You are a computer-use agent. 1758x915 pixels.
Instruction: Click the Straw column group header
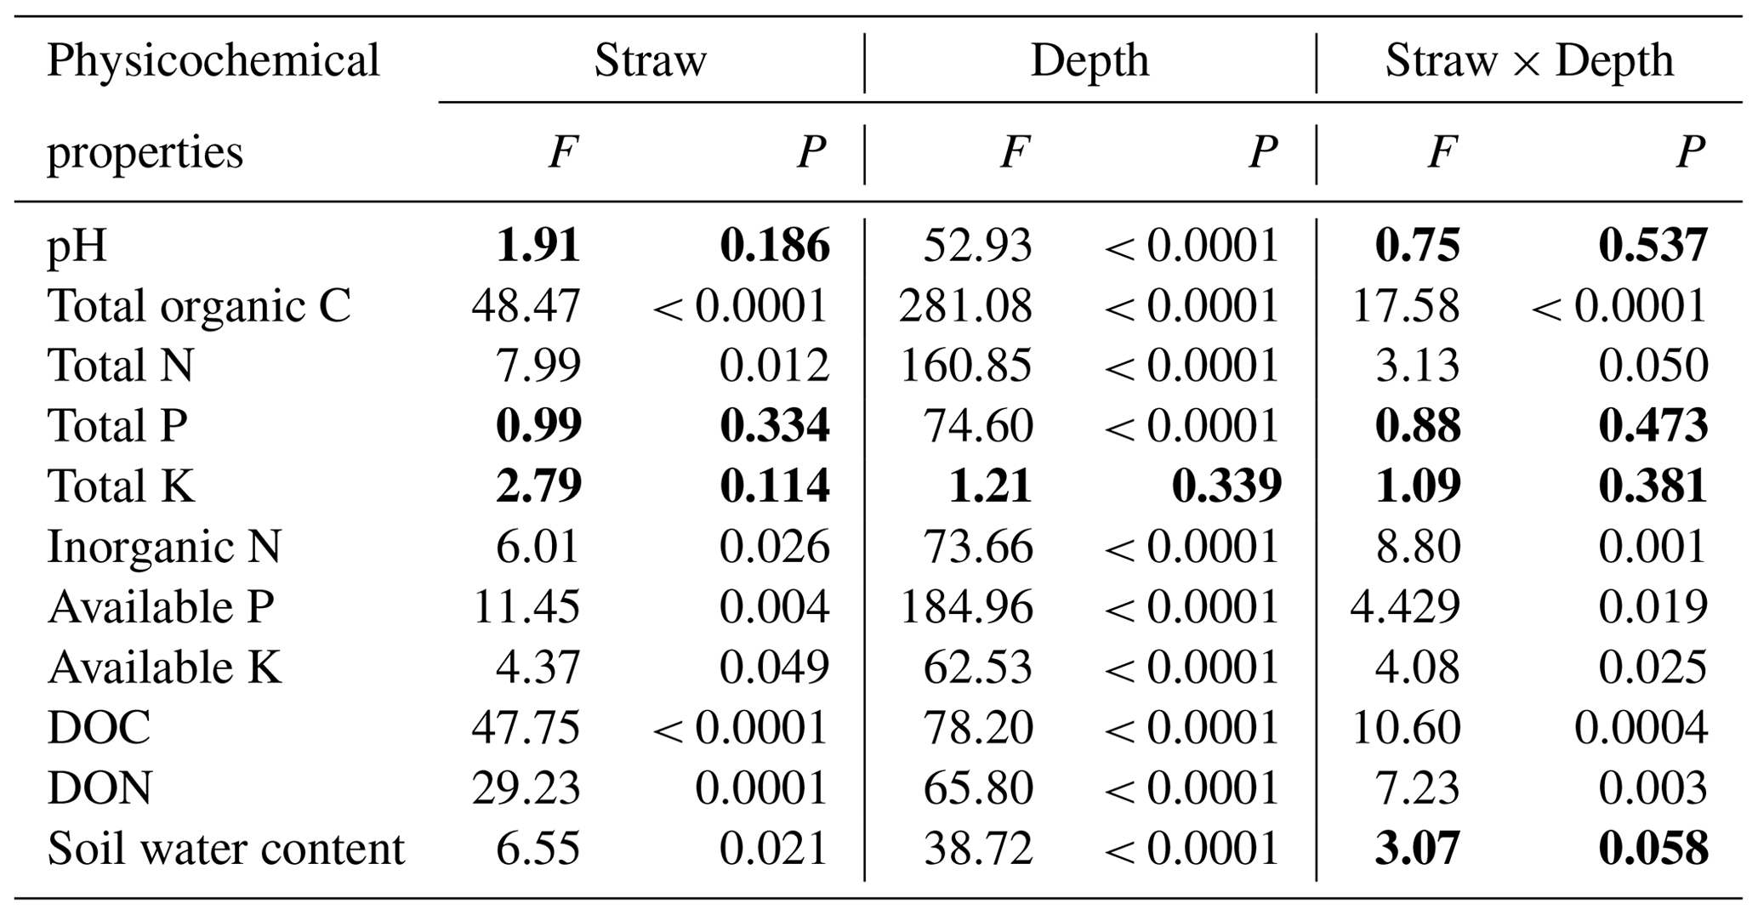(x=650, y=61)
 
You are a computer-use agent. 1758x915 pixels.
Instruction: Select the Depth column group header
(x=1090, y=61)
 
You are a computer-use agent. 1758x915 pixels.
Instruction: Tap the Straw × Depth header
(x=1528, y=61)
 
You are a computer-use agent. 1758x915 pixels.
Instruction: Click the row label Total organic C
(x=199, y=306)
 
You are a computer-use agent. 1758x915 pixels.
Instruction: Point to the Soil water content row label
(x=226, y=849)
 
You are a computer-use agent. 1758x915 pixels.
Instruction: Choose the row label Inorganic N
(x=164, y=547)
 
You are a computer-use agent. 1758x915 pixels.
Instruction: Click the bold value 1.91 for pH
(x=538, y=246)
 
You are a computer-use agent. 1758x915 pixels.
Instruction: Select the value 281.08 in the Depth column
(x=965, y=306)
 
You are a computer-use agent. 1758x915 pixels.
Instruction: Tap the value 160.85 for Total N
(x=965, y=366)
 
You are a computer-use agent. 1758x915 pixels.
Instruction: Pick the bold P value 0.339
(x=1226, y=486)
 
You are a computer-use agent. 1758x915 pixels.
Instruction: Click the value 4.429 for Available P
(x=1405, y=607)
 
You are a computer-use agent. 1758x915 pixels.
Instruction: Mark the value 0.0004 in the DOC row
(x=1641, y=728)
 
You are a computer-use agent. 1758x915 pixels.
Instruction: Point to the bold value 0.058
(x=1653, y=849)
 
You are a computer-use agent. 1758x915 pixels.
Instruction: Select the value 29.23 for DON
(x=526, y=788)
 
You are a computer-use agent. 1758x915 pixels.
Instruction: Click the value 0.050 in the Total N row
(x=1653, y=366)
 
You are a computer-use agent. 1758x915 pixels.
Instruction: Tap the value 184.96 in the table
(x=965, y=607)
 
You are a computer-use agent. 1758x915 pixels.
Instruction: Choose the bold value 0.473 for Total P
(x=1653, y=426)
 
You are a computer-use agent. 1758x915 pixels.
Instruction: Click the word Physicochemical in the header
(x=213, y=61)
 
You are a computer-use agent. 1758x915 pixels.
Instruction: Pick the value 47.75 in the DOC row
(x=526, y=728)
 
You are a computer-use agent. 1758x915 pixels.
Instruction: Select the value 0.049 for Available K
(x=774, y=668)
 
